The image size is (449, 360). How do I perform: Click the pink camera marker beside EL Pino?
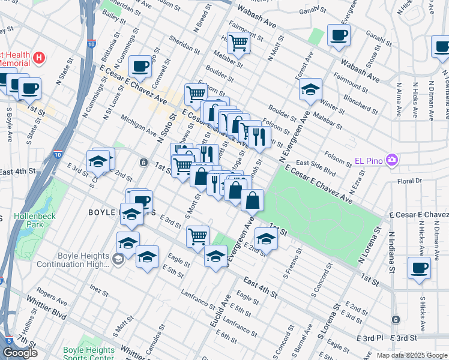coord(393,160)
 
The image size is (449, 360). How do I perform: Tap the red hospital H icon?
coord(39,58)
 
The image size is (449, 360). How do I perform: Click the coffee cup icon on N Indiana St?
coord(419,268)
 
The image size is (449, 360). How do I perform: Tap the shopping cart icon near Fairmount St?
coord(239,42)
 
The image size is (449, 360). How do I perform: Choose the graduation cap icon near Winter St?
coord(310,89)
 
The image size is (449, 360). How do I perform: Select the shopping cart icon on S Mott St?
coord(197,236)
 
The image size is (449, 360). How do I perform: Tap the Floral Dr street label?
coord(410,180)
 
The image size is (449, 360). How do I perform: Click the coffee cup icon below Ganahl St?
coord(339,35)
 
